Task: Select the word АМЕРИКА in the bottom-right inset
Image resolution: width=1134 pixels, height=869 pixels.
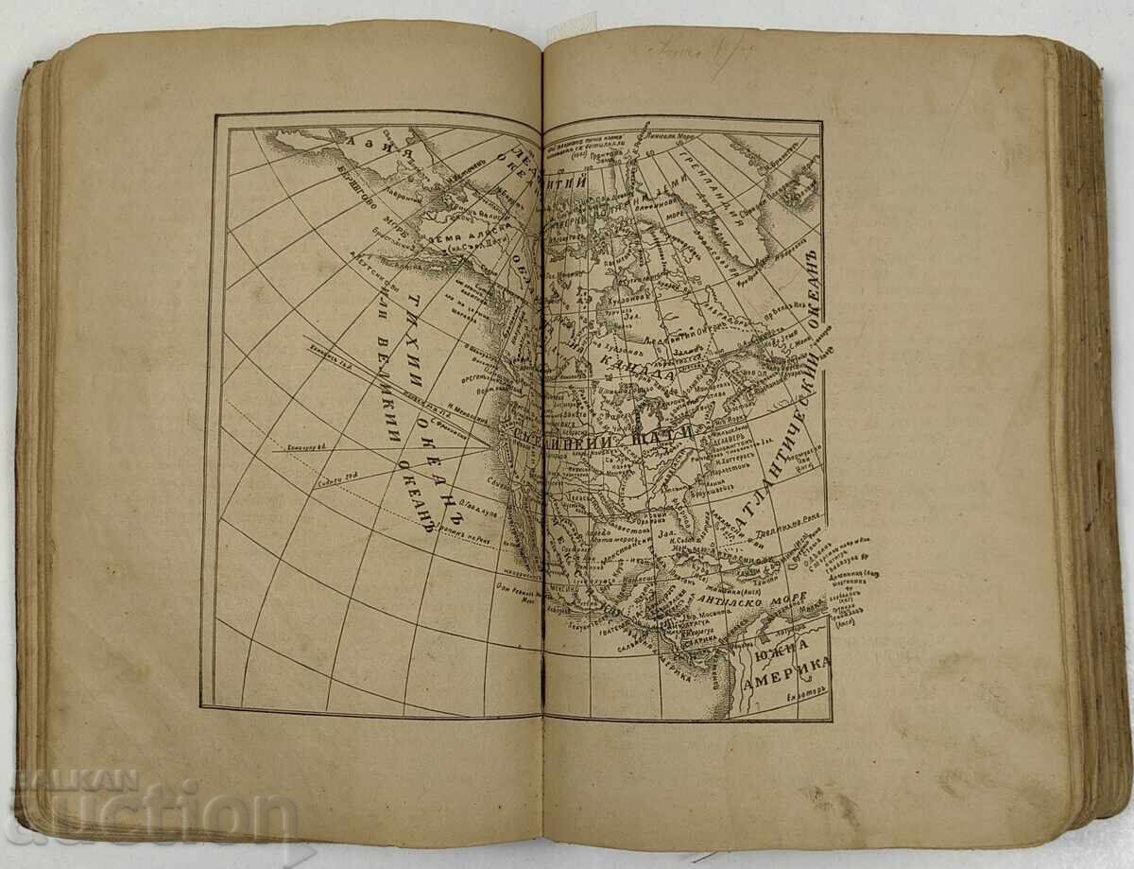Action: [x=785, y=679]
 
